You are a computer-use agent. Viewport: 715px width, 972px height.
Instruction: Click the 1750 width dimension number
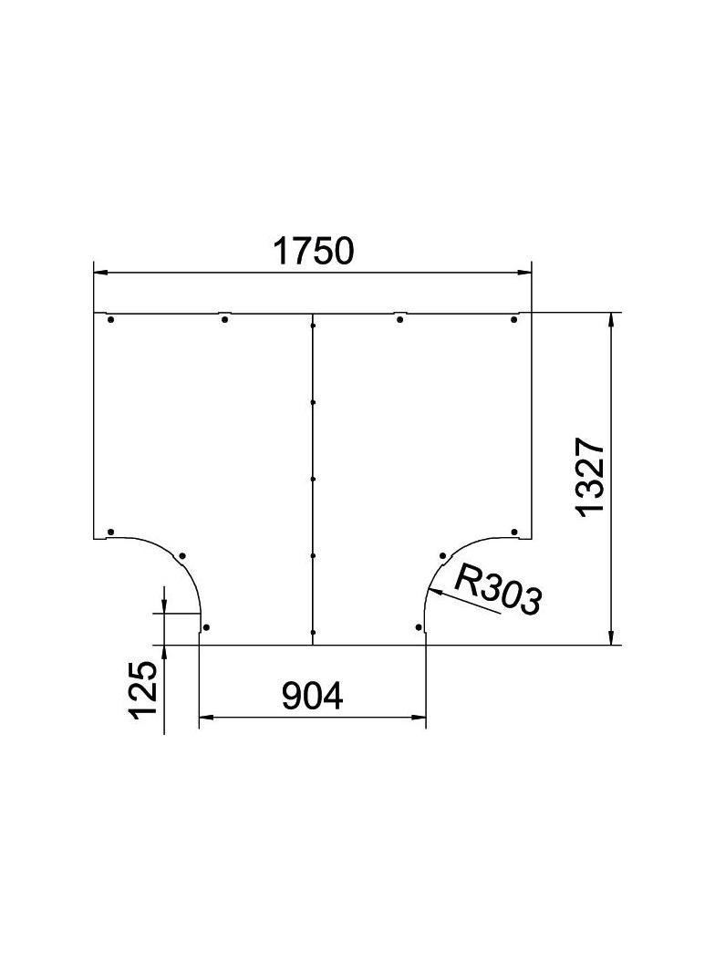(313, 251)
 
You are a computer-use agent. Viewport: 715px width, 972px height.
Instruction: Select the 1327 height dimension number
(589, 476)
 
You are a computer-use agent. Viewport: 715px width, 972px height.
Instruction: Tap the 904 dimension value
(312, 696)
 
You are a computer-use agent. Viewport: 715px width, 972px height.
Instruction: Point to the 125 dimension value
(143, 689)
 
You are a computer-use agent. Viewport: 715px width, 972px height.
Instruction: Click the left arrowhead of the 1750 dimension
(100, 272)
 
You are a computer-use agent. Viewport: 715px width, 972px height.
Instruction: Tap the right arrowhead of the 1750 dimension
(524, 272)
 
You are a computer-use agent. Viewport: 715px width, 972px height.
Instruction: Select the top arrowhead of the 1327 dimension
(611, 320)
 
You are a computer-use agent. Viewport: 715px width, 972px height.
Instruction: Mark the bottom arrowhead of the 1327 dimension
(611, 637)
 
